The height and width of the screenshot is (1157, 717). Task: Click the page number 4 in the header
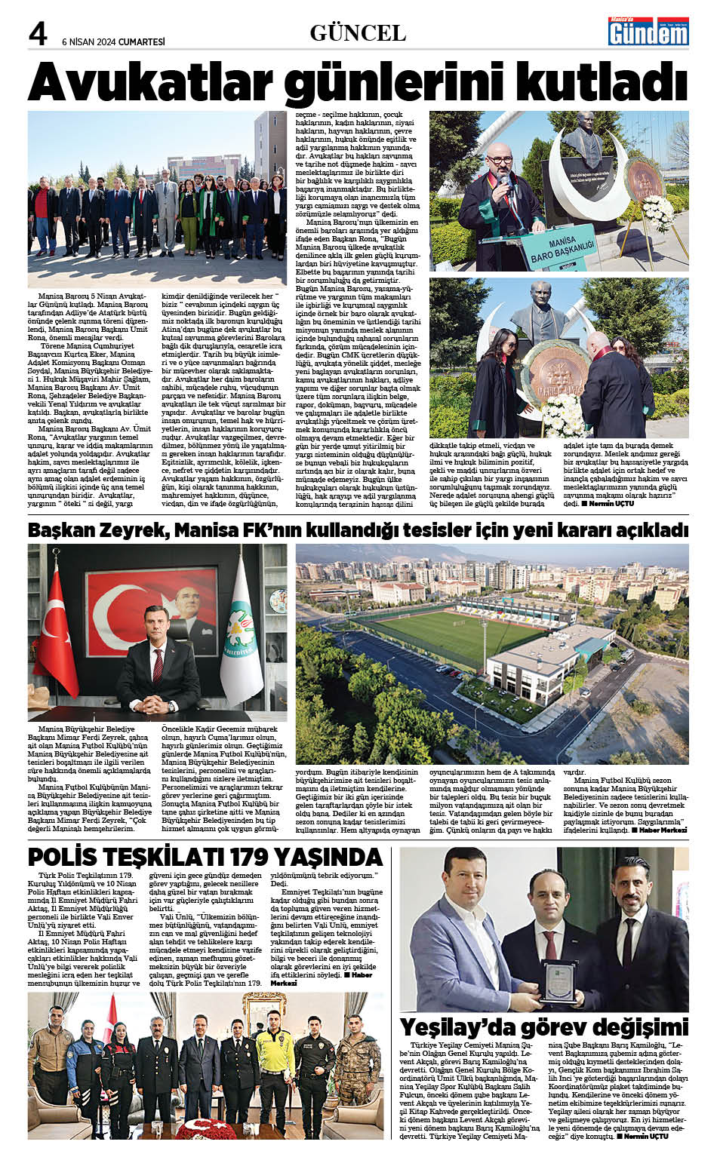click(38, 34)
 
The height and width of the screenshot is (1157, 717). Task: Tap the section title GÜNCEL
click(358, 33)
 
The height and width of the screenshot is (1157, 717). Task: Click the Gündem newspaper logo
click(649, 32)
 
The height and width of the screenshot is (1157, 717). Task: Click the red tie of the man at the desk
click(158, 663)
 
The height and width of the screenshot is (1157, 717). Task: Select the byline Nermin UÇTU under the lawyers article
click(611, 504)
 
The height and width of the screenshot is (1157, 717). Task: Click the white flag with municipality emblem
click(242, 634)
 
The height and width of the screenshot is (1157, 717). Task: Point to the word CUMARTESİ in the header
click(142, 42)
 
